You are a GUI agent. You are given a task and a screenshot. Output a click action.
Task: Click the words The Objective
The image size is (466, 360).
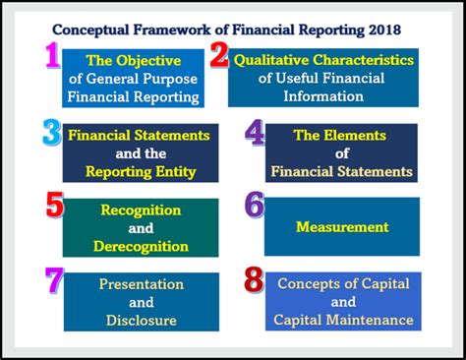(x=134, y=61)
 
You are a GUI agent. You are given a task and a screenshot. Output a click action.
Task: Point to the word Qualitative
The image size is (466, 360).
(x=278, y=60)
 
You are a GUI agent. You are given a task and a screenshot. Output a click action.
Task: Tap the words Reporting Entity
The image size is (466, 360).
(x=140, y=171)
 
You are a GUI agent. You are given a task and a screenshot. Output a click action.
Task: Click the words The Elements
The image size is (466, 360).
(x=342, y=136)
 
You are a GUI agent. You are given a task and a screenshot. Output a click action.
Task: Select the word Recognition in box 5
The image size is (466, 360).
(x=141, y=210)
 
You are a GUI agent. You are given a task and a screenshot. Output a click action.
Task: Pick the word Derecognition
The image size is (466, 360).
(x=141, y=246)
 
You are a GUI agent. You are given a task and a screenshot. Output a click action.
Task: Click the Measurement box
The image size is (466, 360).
(x=342, y=227)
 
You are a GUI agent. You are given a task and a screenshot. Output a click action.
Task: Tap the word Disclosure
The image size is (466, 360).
(x=141, y=320)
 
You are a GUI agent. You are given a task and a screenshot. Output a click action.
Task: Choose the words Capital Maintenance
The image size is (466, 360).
(x=343, y=319)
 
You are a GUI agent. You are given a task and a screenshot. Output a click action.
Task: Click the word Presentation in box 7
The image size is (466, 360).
(x=141, y=284)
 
